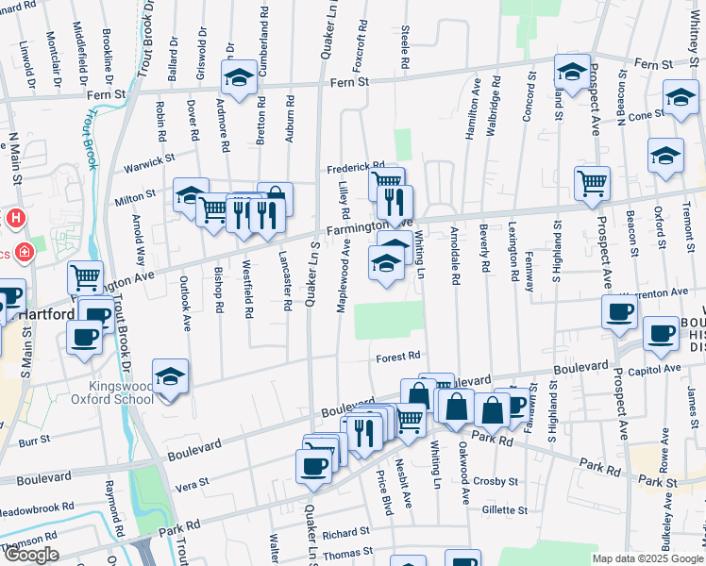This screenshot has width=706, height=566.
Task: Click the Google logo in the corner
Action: click(31, 556)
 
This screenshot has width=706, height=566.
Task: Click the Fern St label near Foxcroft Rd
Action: click(348, 83)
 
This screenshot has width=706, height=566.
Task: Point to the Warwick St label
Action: click(150, 170)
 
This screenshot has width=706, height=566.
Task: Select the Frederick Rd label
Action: click(356, 169)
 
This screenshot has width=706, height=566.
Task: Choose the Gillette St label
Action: click(504, 509)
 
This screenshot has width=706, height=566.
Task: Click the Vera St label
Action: click(192, 483)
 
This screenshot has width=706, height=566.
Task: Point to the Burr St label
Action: click(34, 440)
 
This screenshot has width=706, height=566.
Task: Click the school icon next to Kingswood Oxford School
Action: click(170, 377)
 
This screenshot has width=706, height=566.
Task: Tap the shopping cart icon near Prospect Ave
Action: click(592, 182)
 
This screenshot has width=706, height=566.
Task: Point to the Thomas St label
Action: click(342, 557)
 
